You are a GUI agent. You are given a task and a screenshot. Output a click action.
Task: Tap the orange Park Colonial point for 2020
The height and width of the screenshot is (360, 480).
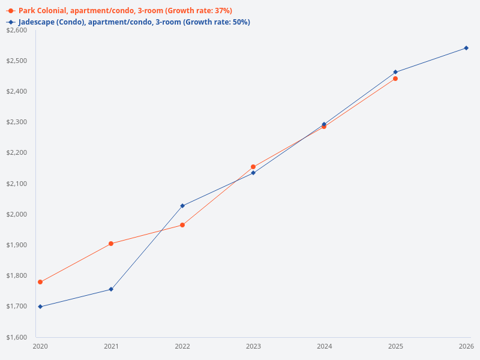coord(40,282)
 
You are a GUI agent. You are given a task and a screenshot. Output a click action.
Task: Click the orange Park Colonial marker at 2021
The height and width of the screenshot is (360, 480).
coord(111,244)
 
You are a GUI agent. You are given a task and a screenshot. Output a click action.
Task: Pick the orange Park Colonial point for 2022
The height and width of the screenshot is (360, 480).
coord(182,225)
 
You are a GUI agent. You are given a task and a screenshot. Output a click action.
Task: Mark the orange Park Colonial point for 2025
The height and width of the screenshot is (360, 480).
coord(395,79)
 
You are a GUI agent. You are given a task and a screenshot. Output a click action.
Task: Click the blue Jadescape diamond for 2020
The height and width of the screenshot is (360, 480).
coord(40,307)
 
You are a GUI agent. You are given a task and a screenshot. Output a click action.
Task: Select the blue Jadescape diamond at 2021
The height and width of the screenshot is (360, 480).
coord(111,289)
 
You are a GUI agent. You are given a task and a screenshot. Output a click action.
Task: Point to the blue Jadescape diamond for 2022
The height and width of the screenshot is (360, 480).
coord(182,206)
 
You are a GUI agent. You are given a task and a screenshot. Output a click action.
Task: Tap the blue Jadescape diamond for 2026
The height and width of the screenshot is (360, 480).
coord(466,48)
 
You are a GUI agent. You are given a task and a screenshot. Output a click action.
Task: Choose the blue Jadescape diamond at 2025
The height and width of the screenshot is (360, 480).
coord(395,72)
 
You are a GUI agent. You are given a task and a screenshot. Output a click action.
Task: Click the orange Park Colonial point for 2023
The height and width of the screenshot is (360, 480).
coord(253,167)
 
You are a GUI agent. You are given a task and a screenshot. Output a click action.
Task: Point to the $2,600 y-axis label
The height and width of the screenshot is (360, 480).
coord(16,30)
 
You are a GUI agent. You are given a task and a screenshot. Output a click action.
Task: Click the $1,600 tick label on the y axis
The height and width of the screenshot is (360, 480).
coord(16,337)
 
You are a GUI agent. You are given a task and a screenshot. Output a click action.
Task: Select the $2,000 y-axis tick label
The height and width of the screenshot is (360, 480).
coord(16,214)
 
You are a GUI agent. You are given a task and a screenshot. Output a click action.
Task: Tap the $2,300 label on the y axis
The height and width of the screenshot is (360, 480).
coord(16,122)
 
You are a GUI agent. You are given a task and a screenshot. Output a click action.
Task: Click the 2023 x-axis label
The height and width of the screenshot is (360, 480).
coord(253,346)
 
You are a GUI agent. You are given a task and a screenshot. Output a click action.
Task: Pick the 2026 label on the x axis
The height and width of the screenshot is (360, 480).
coord(466,346)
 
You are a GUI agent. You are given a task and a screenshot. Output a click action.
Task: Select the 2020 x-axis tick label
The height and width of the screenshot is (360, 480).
coord(40,346)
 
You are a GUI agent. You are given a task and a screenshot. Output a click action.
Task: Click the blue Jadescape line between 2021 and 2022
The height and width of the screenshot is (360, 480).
coord(147,247)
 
